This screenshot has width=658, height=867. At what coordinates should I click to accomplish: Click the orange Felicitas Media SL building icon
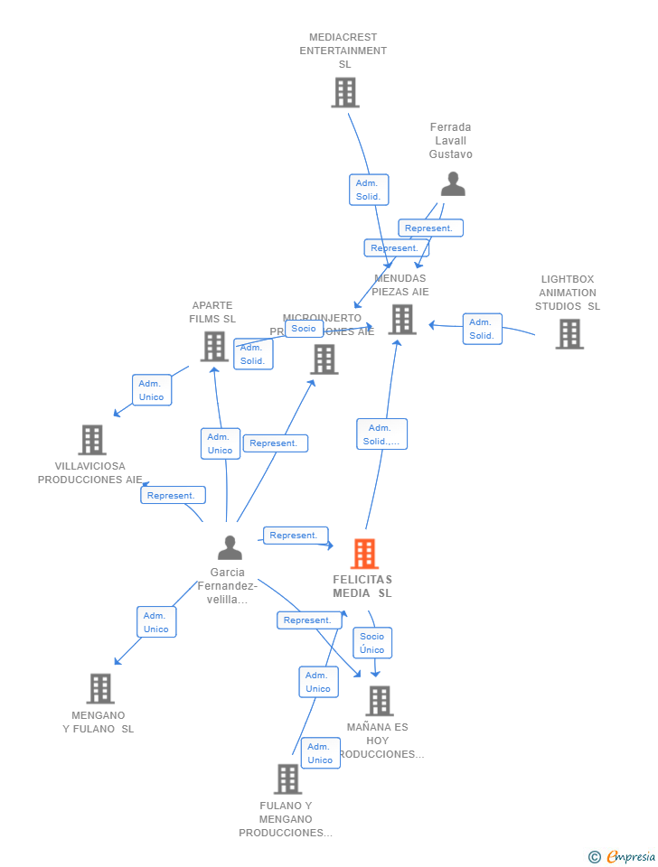(x=363, y=554)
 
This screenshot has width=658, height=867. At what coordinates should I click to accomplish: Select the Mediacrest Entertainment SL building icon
(x=344, y=92)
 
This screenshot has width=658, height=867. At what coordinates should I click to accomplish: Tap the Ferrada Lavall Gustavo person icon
(x=453, y=183)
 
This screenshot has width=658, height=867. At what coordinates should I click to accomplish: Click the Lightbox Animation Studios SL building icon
(x=569, y=333)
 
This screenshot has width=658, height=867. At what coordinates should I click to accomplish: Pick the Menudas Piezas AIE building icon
(x=401, y=319)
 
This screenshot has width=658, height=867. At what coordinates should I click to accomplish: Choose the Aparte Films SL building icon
(x=214, y=346)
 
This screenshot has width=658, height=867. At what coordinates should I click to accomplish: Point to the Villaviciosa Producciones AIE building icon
(x=92, y=440)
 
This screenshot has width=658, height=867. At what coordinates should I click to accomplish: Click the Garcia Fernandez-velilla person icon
(x=230, y=547)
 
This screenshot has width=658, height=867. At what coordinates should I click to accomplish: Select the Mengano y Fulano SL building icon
(x=100, y=688)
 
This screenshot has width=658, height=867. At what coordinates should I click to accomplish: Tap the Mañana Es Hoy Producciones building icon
(x=379, y=700)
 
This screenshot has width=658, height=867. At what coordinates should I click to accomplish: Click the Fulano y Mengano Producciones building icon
(x=287, y=778)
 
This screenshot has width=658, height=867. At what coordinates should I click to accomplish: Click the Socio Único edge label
(x=372, y=643)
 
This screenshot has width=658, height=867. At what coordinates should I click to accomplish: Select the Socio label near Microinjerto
(x=304, y=329)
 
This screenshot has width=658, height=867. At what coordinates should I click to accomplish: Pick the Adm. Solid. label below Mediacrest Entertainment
(x=369, y=190)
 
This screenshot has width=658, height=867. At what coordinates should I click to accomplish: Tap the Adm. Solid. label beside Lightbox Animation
(x=482, y=329)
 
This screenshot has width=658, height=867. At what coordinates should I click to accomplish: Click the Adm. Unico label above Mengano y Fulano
(x=156, y=622)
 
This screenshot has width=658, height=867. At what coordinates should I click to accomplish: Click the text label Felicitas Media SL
(x=362, y=586)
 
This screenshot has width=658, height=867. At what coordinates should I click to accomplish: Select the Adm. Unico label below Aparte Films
(x=220, y=443)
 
